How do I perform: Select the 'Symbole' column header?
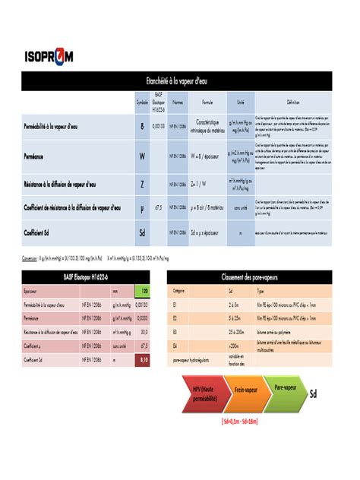click(142, 102)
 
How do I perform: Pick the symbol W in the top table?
click(142, 155)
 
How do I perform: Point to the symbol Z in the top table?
click(142, 183)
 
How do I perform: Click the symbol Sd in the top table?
click(142, 232)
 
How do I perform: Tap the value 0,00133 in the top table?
click(158, 126)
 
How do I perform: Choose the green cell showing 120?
click(142, 291)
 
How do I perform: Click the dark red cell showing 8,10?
click(142, 359)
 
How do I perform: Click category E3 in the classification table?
click(179, 332)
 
